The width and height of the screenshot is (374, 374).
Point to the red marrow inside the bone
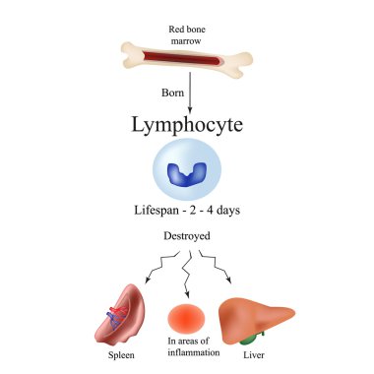pyautogui.click(x=187, y=59)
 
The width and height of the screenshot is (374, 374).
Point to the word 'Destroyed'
pyautogui.click(x=186, y=237)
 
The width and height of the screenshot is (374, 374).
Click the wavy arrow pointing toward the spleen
pyautogui.click(x=157, y=266)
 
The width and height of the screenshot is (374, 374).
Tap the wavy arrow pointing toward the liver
pyautogui.click(x=217, y=266)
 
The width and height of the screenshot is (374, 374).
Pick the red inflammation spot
pyautogui.click(x=187, y=317)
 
